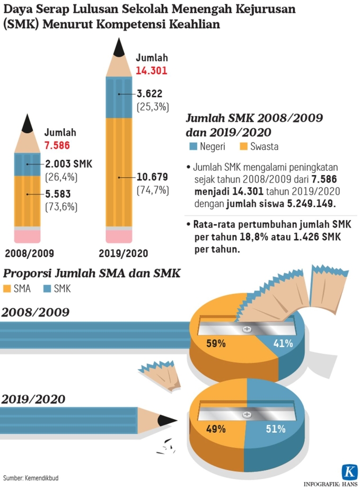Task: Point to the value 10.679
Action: pos(152,177)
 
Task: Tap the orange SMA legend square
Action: pos(8,289)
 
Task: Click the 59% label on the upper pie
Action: pos(216,343)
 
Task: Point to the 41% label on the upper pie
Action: pos(283,343)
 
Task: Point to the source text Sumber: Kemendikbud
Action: pos(31,478)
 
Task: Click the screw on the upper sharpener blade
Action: pos(247,329)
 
